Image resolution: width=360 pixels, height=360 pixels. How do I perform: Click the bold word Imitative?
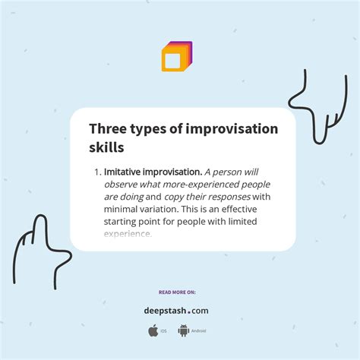tap(126, 172)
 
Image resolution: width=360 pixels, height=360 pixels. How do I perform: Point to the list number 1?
tap(97, 172)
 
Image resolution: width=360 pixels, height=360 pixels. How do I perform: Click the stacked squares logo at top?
tap(177, 56)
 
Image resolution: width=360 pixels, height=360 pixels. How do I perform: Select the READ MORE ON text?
tap(176, 292)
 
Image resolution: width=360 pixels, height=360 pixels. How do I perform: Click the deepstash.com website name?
tap(176, 310)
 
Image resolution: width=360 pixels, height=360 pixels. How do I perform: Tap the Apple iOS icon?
tap(153, 330)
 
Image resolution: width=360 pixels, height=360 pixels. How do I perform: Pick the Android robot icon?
tap(183, 330)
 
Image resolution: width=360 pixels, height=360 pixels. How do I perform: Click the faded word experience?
tap(128, 234)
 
